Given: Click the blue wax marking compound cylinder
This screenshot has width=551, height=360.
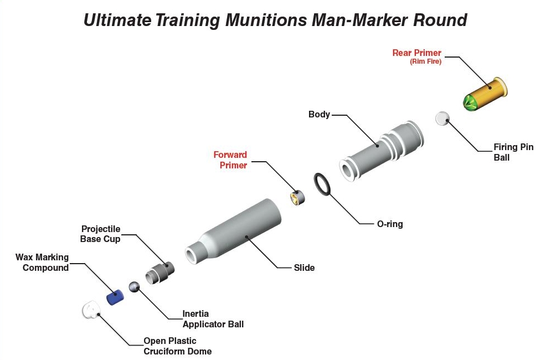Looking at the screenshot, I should point(115,297).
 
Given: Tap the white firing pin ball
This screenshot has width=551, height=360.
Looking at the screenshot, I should point(442,119).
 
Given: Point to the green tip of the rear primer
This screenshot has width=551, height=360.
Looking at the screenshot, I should point(470,103).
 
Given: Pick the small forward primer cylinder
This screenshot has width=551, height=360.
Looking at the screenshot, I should point(298,197).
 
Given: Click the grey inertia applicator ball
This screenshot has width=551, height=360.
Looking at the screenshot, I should point(134,287).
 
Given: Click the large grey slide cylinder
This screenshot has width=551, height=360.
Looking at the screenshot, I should point(238,233).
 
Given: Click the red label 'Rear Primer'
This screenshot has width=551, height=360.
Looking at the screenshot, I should point(416,53).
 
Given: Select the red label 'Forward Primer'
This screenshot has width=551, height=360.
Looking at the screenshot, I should point(230,160).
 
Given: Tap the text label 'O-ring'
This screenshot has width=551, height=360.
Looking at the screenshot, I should point(390,224).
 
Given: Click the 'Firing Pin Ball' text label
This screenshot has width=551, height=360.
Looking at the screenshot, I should point(513,152).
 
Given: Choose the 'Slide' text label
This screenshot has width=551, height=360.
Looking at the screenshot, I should point(304,268).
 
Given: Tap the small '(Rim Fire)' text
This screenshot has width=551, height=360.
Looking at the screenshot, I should point(425,62).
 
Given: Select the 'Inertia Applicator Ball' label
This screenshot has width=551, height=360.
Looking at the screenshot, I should point(213,319).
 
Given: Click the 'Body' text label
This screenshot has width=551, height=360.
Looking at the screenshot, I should point(319,115).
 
